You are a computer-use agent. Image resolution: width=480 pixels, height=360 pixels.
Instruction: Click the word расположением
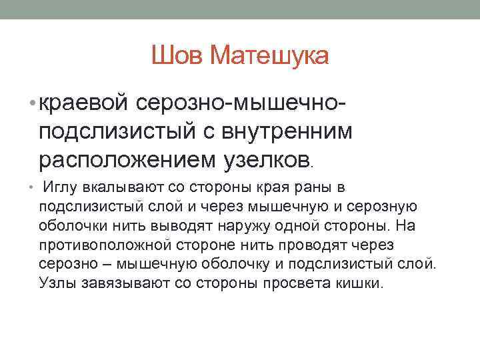[125, 160]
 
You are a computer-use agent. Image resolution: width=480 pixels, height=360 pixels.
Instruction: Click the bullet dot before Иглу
[33, 188]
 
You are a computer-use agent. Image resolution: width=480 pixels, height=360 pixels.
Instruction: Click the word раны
[313, 188]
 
